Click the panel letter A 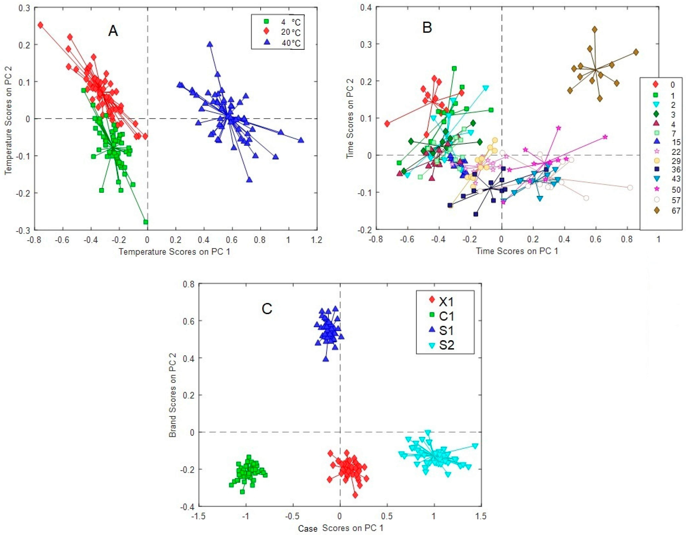[113, 31]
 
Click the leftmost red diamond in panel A [40, 25]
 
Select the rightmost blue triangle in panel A [301, 140]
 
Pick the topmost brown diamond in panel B [595, 30]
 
